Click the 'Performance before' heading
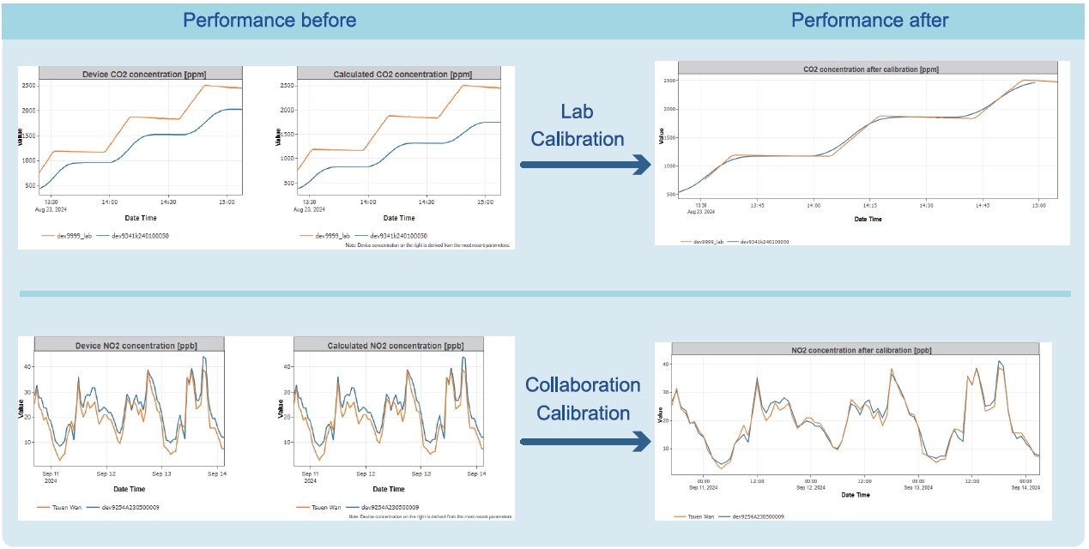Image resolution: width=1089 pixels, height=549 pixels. (x=269, y=20)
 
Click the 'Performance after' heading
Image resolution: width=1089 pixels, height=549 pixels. (x=870, y=20)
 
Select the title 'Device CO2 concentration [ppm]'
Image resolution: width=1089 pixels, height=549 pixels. (x=143, y=74)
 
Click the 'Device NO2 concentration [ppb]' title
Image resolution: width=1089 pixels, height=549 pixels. (x=130, y=344)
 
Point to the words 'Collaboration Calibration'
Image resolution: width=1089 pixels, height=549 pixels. (x=583, y=399)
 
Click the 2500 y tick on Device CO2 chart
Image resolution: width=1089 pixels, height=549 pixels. (x=27, y=86)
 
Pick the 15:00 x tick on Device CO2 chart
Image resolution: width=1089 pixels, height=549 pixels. (x=225, y=202)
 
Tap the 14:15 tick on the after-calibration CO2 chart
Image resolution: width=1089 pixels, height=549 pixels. (x=869, y=206)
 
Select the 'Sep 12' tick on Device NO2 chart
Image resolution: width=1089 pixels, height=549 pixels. (x=106, y=474)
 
